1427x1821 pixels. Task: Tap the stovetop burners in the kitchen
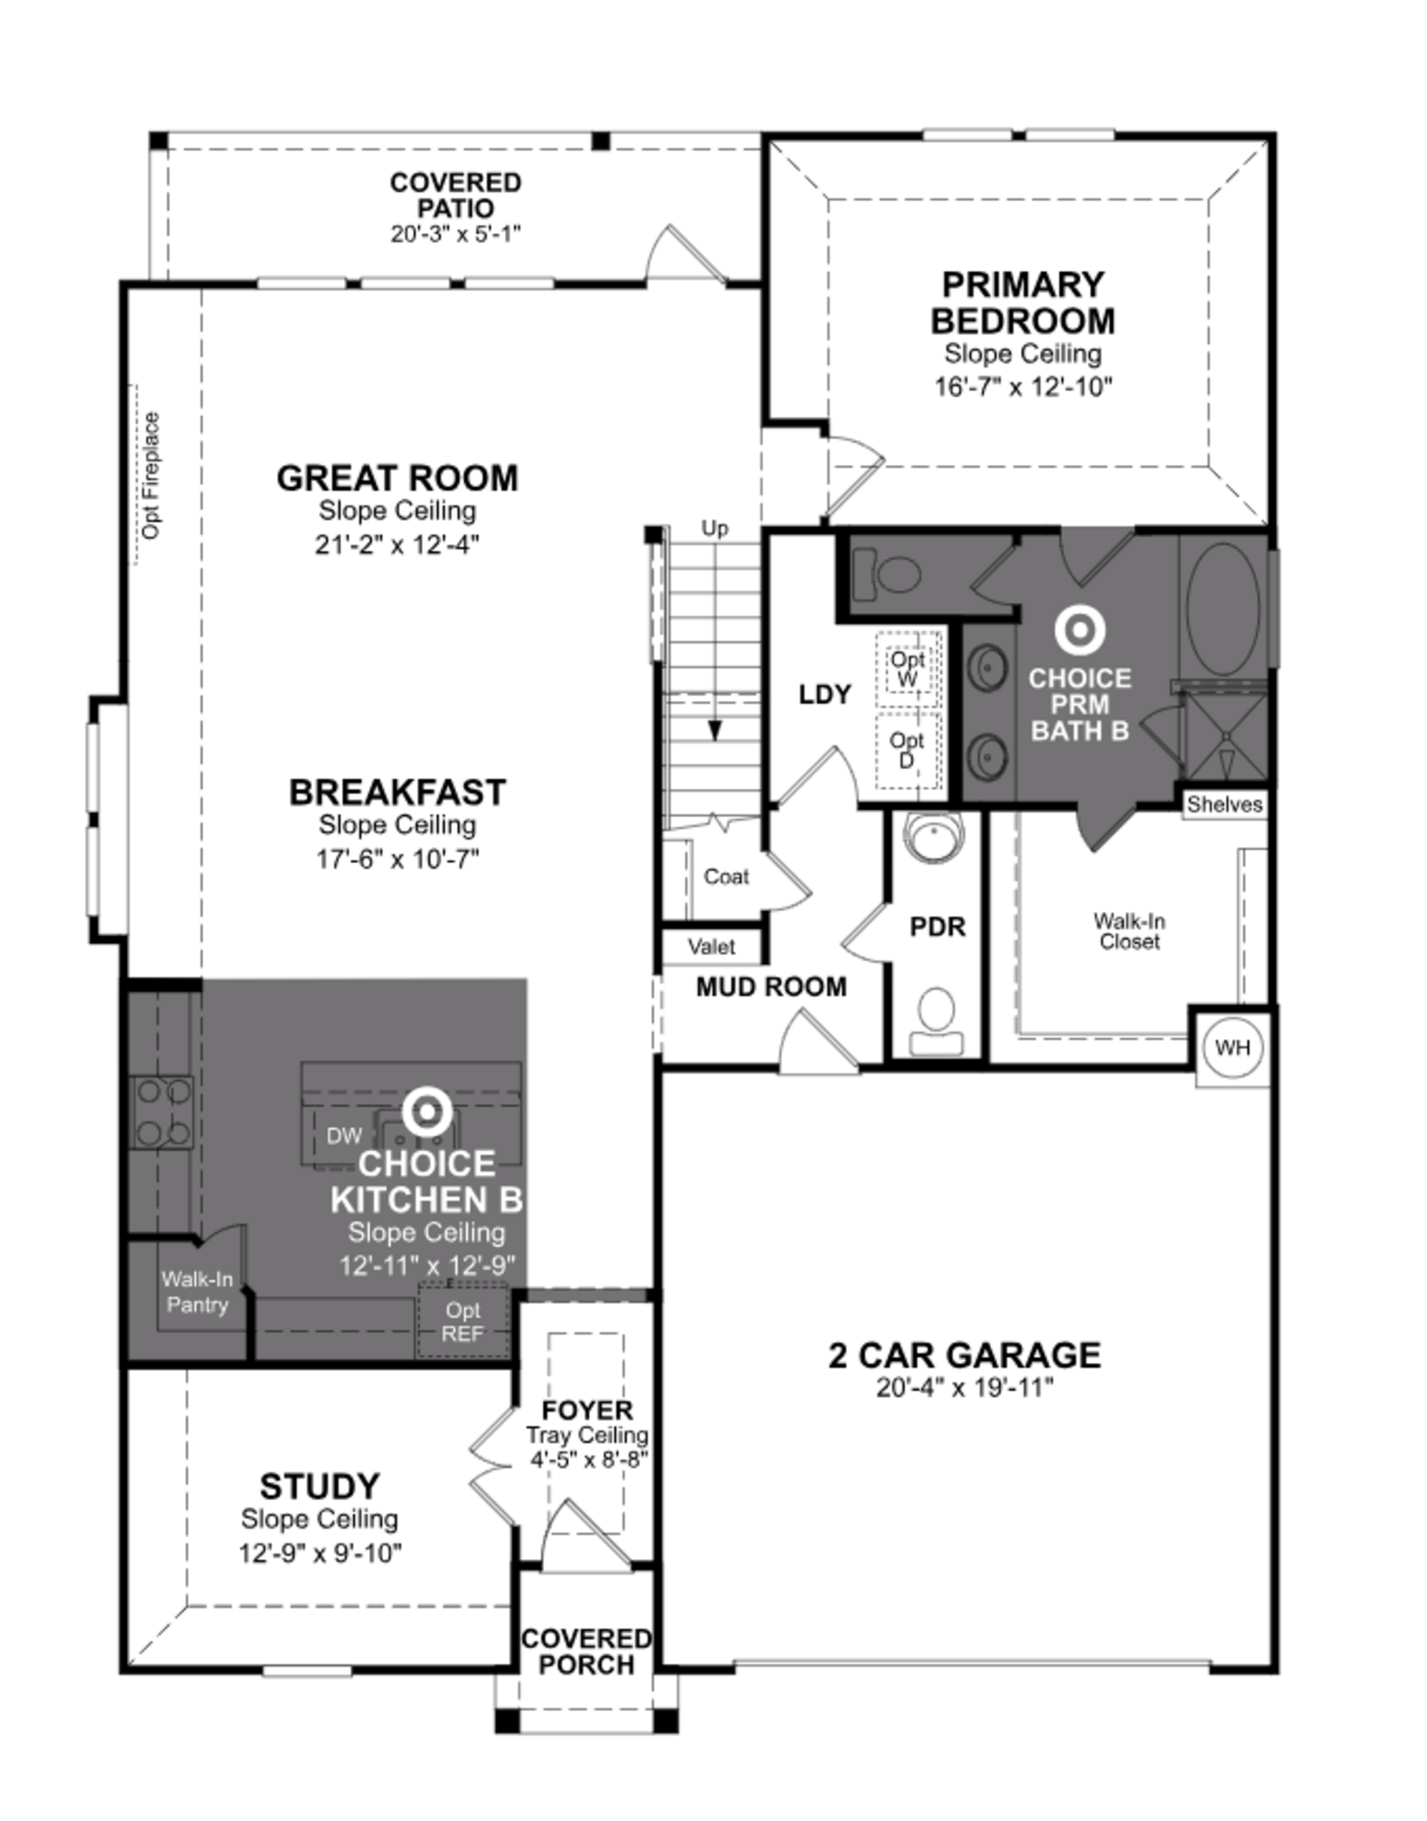(162, 1112)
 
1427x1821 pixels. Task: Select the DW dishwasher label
(344, 1134)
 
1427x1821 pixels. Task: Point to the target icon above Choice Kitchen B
(428, 1112)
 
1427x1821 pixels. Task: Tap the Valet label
(712, 947)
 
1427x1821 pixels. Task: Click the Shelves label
(1224, 804)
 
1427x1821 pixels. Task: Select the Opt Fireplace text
(151, 476)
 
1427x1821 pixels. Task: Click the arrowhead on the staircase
(715, 731)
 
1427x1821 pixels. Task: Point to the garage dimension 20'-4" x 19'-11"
(965, 1388)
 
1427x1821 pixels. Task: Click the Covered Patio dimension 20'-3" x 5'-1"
(456, 234)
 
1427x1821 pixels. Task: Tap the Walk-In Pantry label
(197, 1292)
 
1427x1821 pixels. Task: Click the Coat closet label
(726, 877)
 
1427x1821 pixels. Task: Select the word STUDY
(319, 1486)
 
